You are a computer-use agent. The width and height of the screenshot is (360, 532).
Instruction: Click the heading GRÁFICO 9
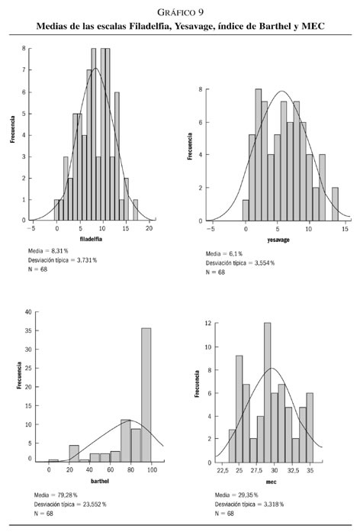click(x=180, y=12)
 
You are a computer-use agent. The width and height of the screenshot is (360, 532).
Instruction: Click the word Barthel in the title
click(x=275, y=26)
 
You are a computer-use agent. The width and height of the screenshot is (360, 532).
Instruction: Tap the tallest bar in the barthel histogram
click(x=146, y=395)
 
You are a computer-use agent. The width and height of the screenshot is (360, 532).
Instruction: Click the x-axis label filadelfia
click(x=91, y=239)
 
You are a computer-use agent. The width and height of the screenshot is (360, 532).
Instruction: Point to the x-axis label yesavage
click(x=278, y=240)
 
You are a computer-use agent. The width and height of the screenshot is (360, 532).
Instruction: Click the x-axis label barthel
click(x=100, y=481)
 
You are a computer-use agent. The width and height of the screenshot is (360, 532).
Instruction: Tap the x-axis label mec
click(x=271, y=482)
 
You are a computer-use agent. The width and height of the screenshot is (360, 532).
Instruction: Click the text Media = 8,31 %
click(x=48, y=251)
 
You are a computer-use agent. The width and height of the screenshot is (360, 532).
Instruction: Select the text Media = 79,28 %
click(x=56, y=495)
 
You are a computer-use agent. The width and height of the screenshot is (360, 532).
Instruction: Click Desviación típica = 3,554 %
click(x=240, y=263)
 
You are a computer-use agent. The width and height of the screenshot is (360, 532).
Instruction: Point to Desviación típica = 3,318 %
click(x=249, y=505)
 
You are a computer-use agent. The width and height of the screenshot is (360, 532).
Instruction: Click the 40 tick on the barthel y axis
click(x=28, y=312)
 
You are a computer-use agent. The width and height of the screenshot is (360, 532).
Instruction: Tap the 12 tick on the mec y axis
click(x=207, y=323)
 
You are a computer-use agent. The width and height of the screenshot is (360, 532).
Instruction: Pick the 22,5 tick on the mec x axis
click(x=222, y=471)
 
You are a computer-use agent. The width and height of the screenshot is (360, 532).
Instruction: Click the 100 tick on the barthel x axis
click(x=152, y=470)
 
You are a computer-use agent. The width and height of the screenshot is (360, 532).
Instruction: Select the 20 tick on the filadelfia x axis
click(x=149, y=228)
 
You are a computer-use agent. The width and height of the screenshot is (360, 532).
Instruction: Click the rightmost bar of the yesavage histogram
click(x=335, y=204)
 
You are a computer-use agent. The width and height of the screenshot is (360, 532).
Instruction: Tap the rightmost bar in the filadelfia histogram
click(x=135, y=210)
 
